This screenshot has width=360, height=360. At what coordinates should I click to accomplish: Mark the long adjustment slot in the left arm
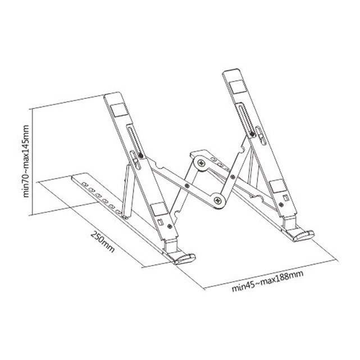point(134,143)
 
